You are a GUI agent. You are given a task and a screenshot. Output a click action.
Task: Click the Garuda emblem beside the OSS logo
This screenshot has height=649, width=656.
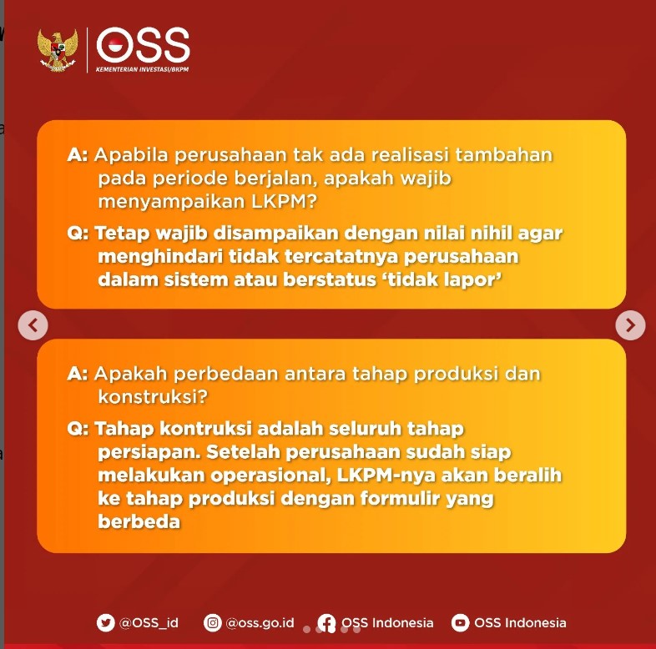(58, 50)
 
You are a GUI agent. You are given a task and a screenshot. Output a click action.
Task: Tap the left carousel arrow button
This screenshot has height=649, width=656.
(33, 324)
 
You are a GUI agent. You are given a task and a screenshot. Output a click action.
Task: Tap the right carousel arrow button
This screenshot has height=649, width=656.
(630, 324)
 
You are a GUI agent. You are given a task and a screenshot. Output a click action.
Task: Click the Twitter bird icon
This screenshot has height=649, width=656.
(105, 622)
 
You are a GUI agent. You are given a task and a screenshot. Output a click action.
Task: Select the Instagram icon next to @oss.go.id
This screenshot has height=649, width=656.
(214, 622)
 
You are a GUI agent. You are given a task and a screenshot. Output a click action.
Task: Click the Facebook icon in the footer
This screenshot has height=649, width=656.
(327, 623)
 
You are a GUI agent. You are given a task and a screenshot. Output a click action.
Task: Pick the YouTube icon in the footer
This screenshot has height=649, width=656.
(460, 622)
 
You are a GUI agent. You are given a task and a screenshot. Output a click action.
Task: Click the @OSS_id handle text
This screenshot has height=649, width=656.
(149, 622)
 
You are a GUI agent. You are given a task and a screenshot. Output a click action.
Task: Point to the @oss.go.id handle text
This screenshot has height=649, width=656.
(260, 622)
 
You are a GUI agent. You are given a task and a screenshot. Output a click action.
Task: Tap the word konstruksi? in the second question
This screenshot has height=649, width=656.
(152, 395)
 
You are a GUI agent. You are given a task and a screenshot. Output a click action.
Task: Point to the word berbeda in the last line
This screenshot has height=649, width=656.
(139, 522)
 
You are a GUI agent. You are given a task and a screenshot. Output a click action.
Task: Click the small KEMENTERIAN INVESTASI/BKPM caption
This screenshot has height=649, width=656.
(143, 69)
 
